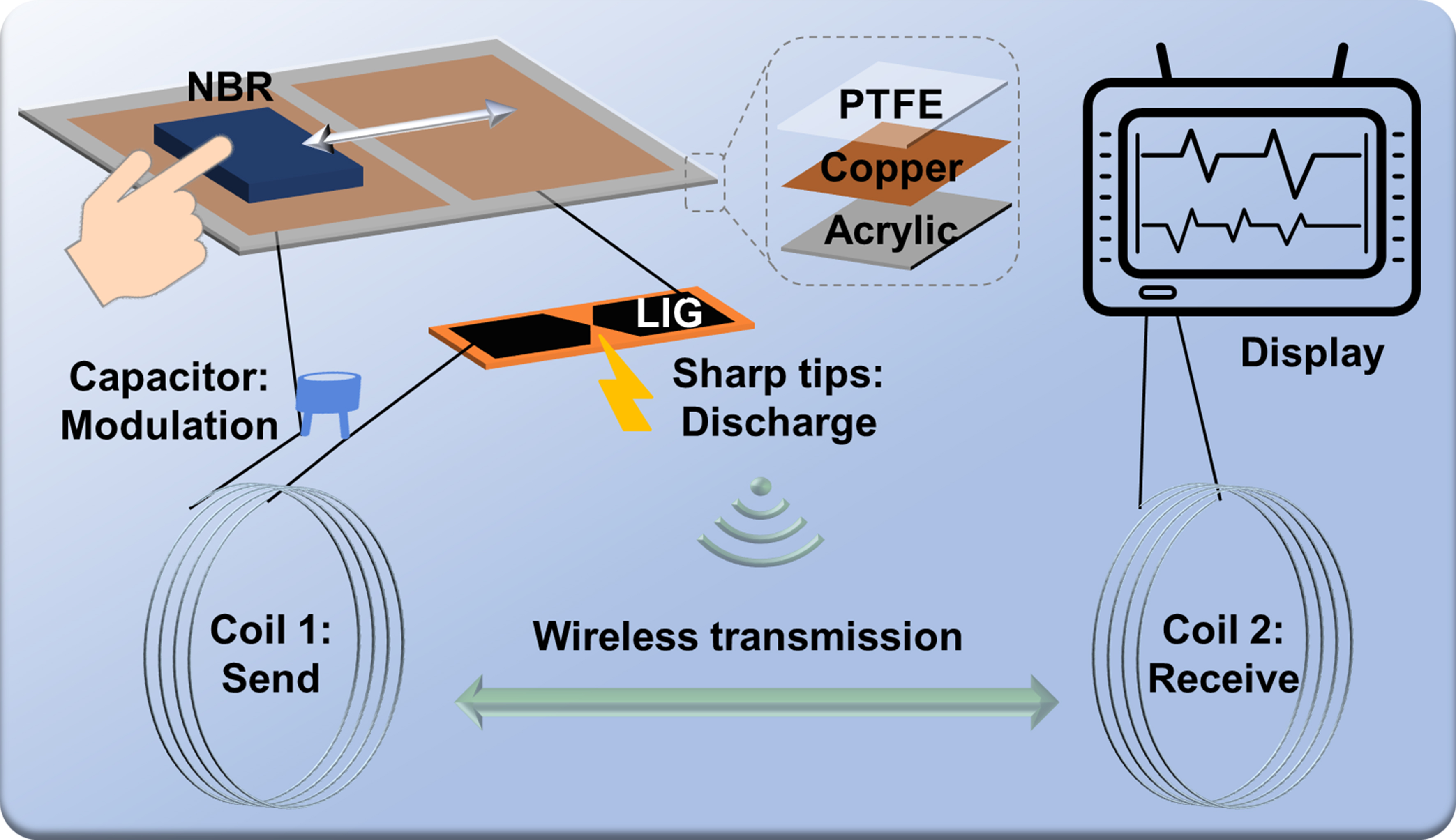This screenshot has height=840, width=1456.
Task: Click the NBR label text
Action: click(x=230, y=87)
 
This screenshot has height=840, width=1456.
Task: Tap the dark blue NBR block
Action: click(x=288, y=161)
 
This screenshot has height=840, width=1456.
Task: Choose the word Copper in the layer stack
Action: click(x=891, y=168)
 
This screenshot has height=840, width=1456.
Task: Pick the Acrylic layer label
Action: click(x=891, y=231)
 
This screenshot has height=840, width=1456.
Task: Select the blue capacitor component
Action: click(x=328, y=398)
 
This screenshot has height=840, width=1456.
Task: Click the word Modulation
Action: click(x=169, y=426)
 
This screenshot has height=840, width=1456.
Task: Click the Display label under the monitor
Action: click(x=1312, y=353)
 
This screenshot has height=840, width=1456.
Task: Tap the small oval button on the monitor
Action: click(x=1158, y=293)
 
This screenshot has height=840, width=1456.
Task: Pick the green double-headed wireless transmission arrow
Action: click(x=757, y=702)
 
